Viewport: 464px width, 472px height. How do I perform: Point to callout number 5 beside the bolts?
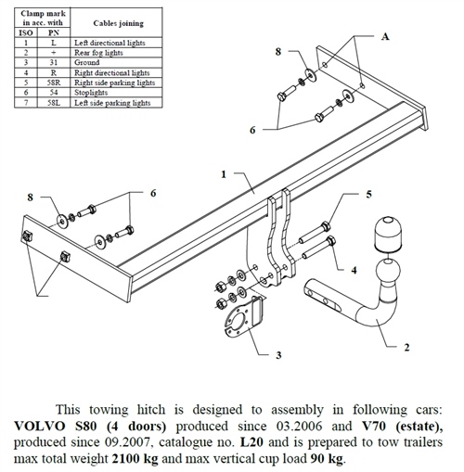click(368, 194)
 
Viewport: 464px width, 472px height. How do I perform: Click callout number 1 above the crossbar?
click(223, 173)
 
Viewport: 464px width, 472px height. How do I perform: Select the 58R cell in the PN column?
click(56, 83)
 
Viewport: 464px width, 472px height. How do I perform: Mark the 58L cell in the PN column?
click(56, 103)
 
